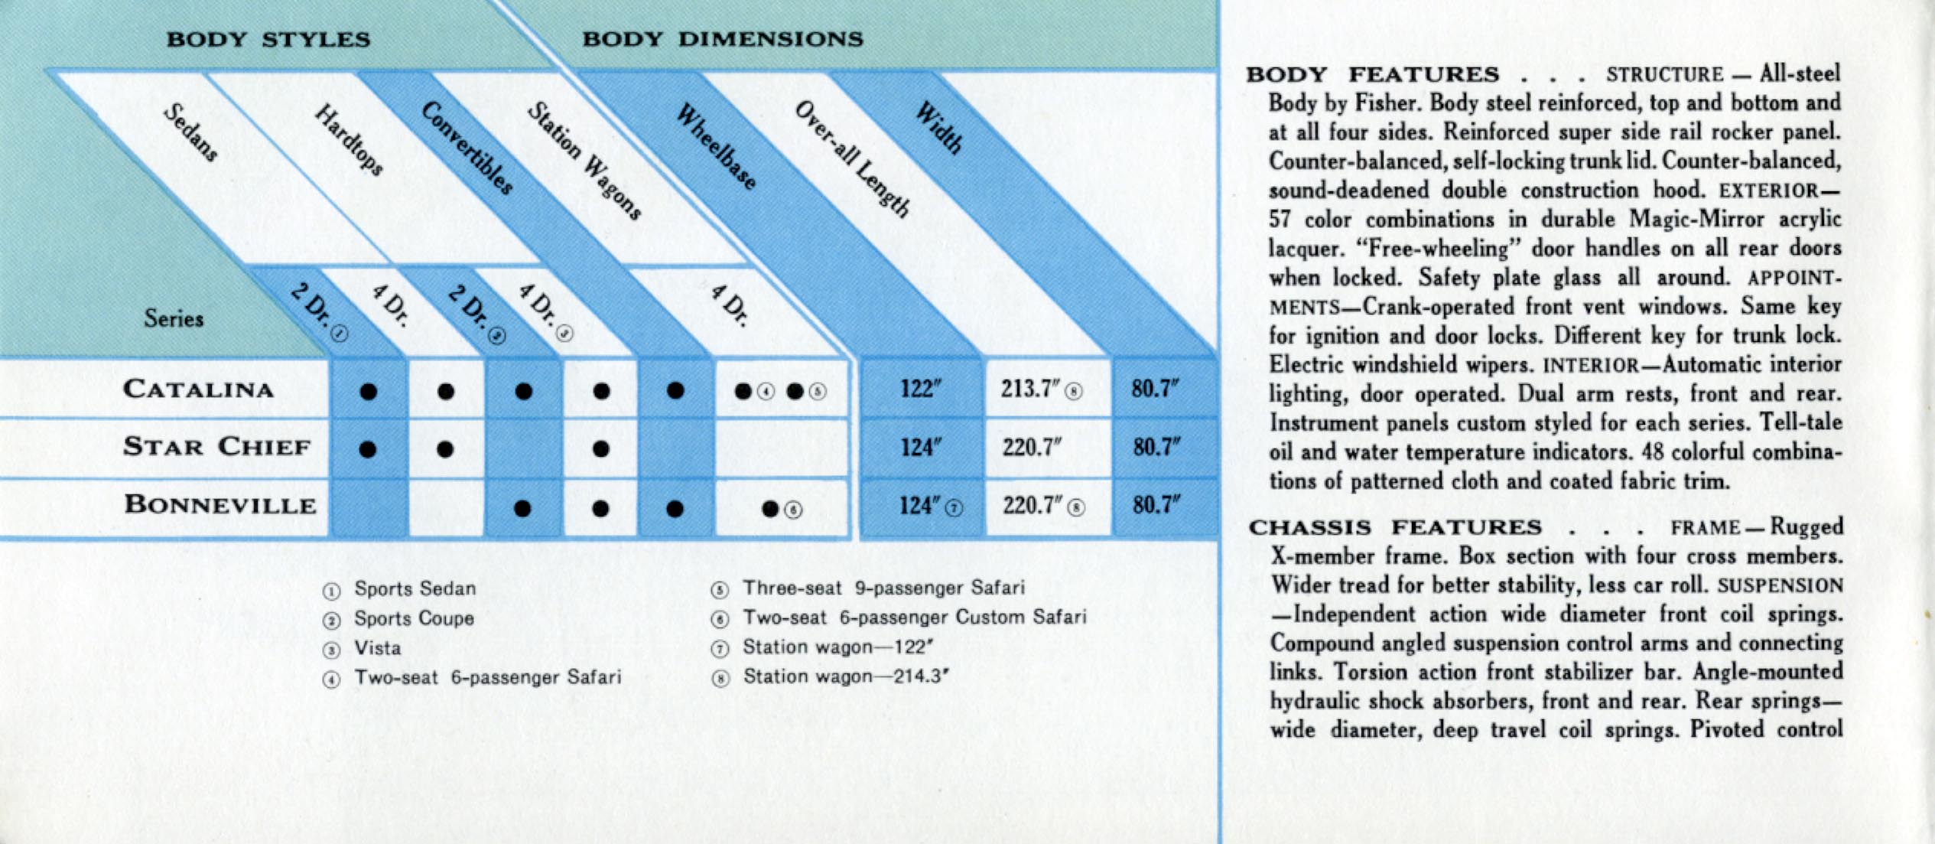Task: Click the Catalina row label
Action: click(199, 389)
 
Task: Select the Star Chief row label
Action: click(217, 446)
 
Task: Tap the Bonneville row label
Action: click(220, 504)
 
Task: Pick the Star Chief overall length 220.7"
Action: click(1033, 447)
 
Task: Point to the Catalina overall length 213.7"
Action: click(1030, 389)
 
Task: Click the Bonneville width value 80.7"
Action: click(1156, 505)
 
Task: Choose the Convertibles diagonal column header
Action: click(467, 148)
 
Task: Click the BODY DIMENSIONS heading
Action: click(723, 39)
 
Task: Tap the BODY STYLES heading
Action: click(268, 40)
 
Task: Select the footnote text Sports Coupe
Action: click(414, 618)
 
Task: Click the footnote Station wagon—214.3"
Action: click(846, 676)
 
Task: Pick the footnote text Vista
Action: click(377, 648)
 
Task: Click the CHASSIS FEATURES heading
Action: click(1395, 528)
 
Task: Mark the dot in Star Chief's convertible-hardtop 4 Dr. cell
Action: click(601, 449)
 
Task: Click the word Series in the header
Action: click(174, 318)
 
